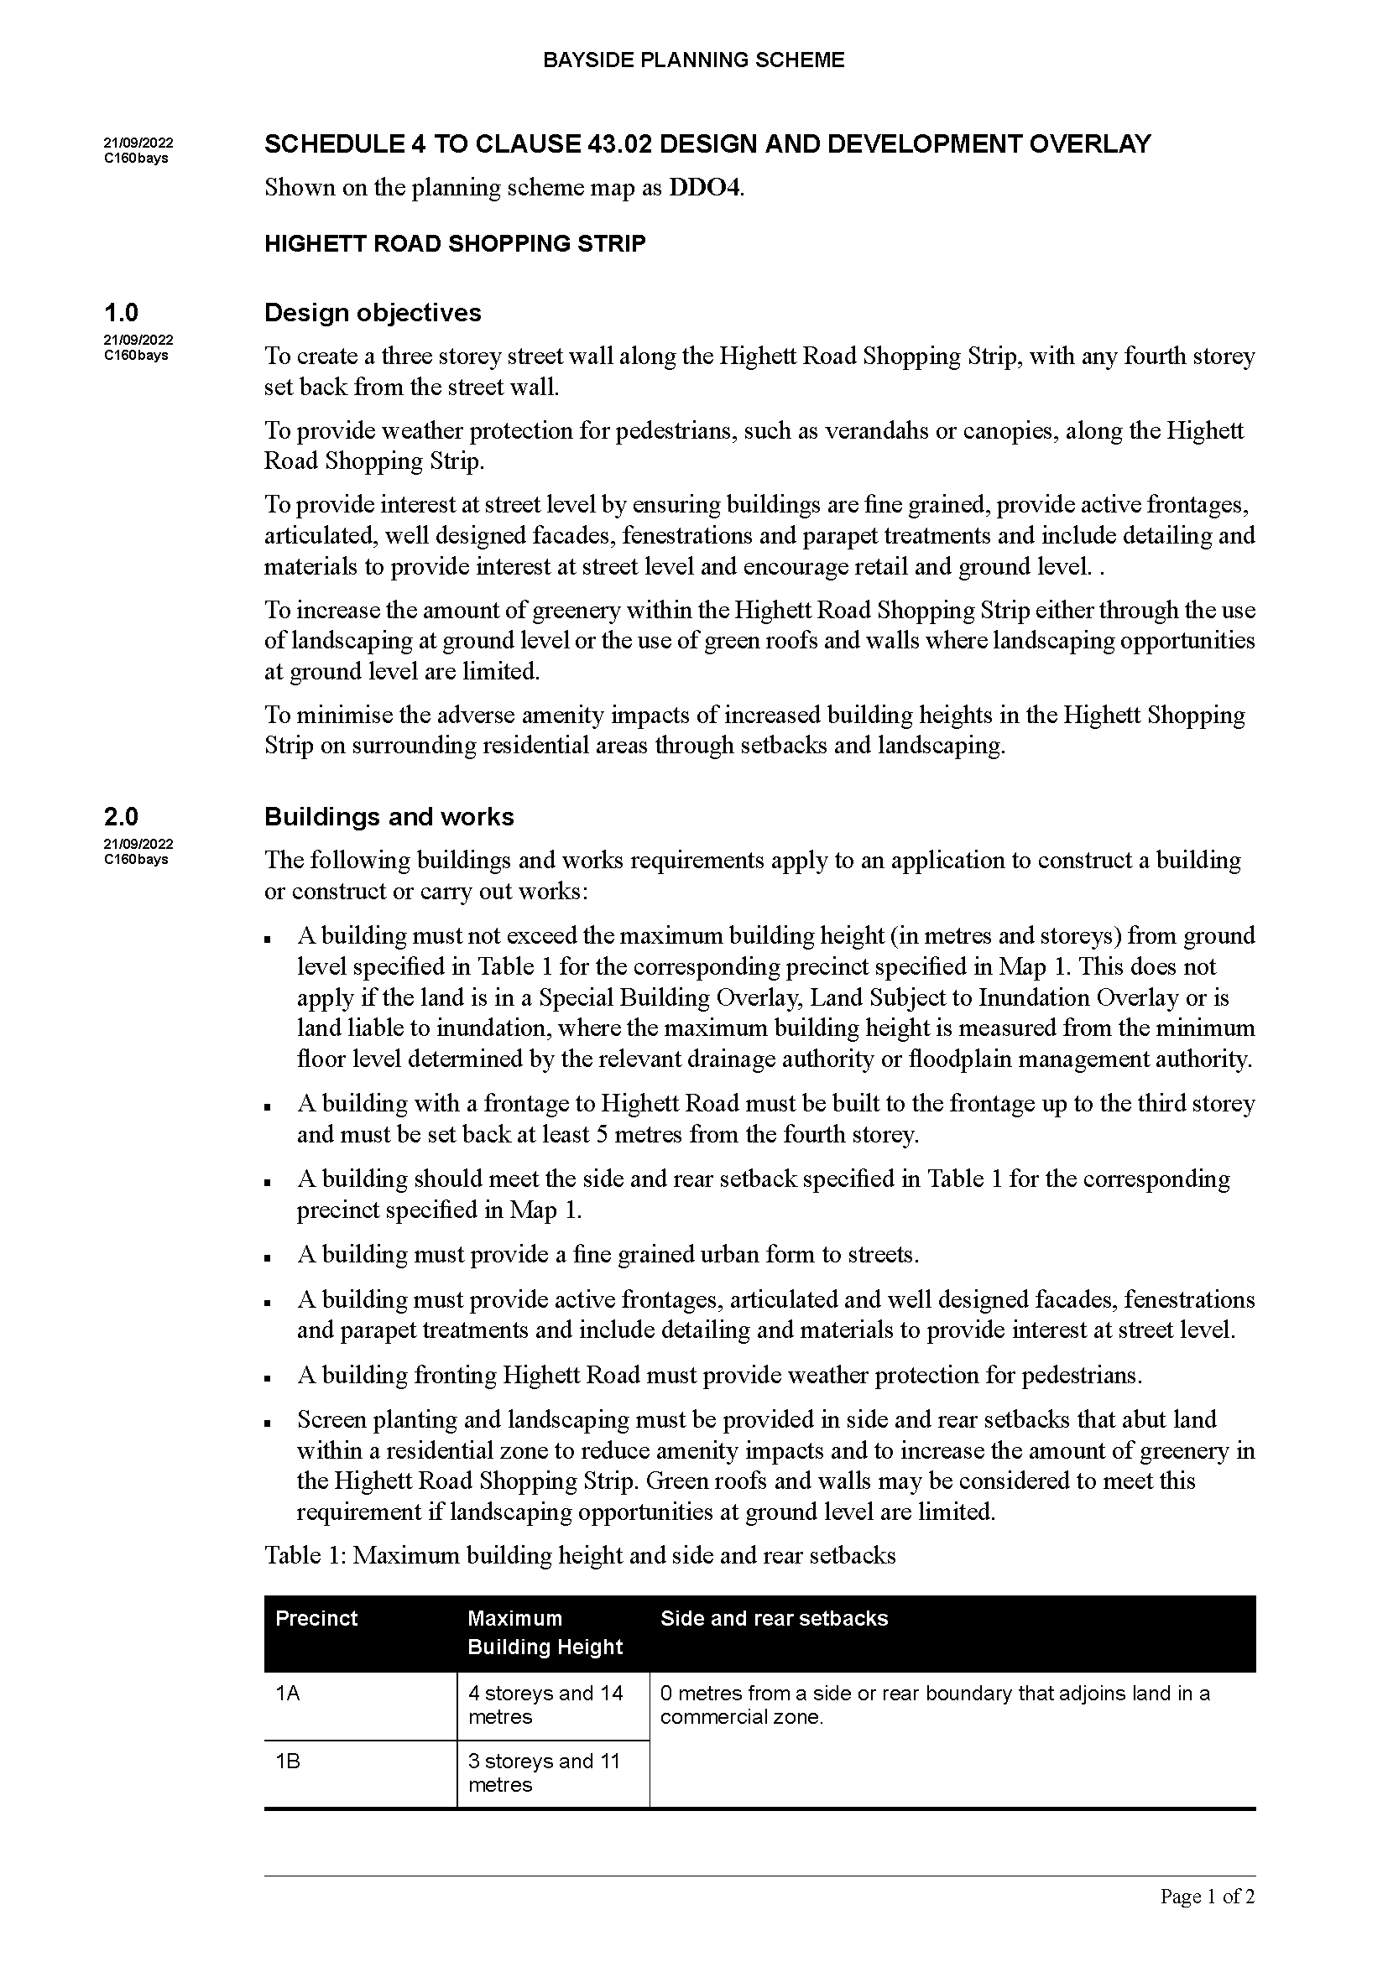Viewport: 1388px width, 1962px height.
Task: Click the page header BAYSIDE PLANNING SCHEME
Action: pyautogui.click(x=693, y=60)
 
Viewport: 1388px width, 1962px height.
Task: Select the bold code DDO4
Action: pyautogui.click(x=705, y=187)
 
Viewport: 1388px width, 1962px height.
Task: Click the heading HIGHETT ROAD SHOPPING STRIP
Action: pyautogui.click(x=455, y=243)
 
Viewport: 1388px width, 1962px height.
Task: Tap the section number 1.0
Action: pyautogui.click(x=122, y=313)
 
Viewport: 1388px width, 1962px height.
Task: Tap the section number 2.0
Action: pyautogui.click(x=122, y=817)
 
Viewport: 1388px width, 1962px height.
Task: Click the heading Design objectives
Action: pyautogui.click(x=373, y=313)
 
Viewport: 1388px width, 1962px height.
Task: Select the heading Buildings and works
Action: pyautogui.click(x=389, y=817)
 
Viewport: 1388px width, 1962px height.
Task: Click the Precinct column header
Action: pyautogui.click(x=316, y=1617)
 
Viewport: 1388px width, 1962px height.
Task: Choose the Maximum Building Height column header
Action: pyautogui.click(x=545, y=1632)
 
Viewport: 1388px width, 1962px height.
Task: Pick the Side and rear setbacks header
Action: pyautogui.click(x=774, y=1617)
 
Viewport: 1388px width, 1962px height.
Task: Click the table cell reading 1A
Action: pyautogui.click(x=288, y=1693)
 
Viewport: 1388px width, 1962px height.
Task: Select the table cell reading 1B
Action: pyautogui.click(x=288, y=1762)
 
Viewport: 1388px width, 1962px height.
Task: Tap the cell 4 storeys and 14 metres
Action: pyautogui.click(x=545, y=1704)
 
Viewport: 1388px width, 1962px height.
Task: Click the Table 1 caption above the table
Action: pyautogui.click(x=580, y=1554)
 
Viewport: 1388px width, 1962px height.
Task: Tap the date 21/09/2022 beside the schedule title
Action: pyautogui.click(x=138, y=143)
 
